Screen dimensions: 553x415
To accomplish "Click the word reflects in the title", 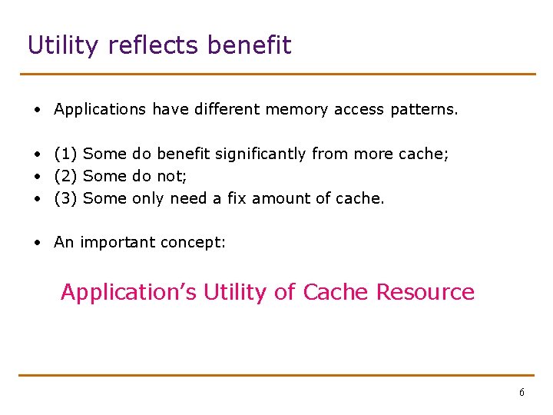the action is [x=154, y=45].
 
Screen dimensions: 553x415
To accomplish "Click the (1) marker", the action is [x=65, y=154].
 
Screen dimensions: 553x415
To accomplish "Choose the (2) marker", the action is [x=65, y=176].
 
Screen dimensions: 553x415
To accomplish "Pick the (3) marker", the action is [x=65, y=198].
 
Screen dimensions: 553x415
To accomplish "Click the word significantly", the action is [x=260, y=154].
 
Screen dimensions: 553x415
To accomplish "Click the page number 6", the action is [x=522, y=393].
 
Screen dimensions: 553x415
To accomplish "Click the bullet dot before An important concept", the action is [x=37, y=243].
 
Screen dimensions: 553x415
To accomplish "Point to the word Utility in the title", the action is [x=64, y=45].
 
